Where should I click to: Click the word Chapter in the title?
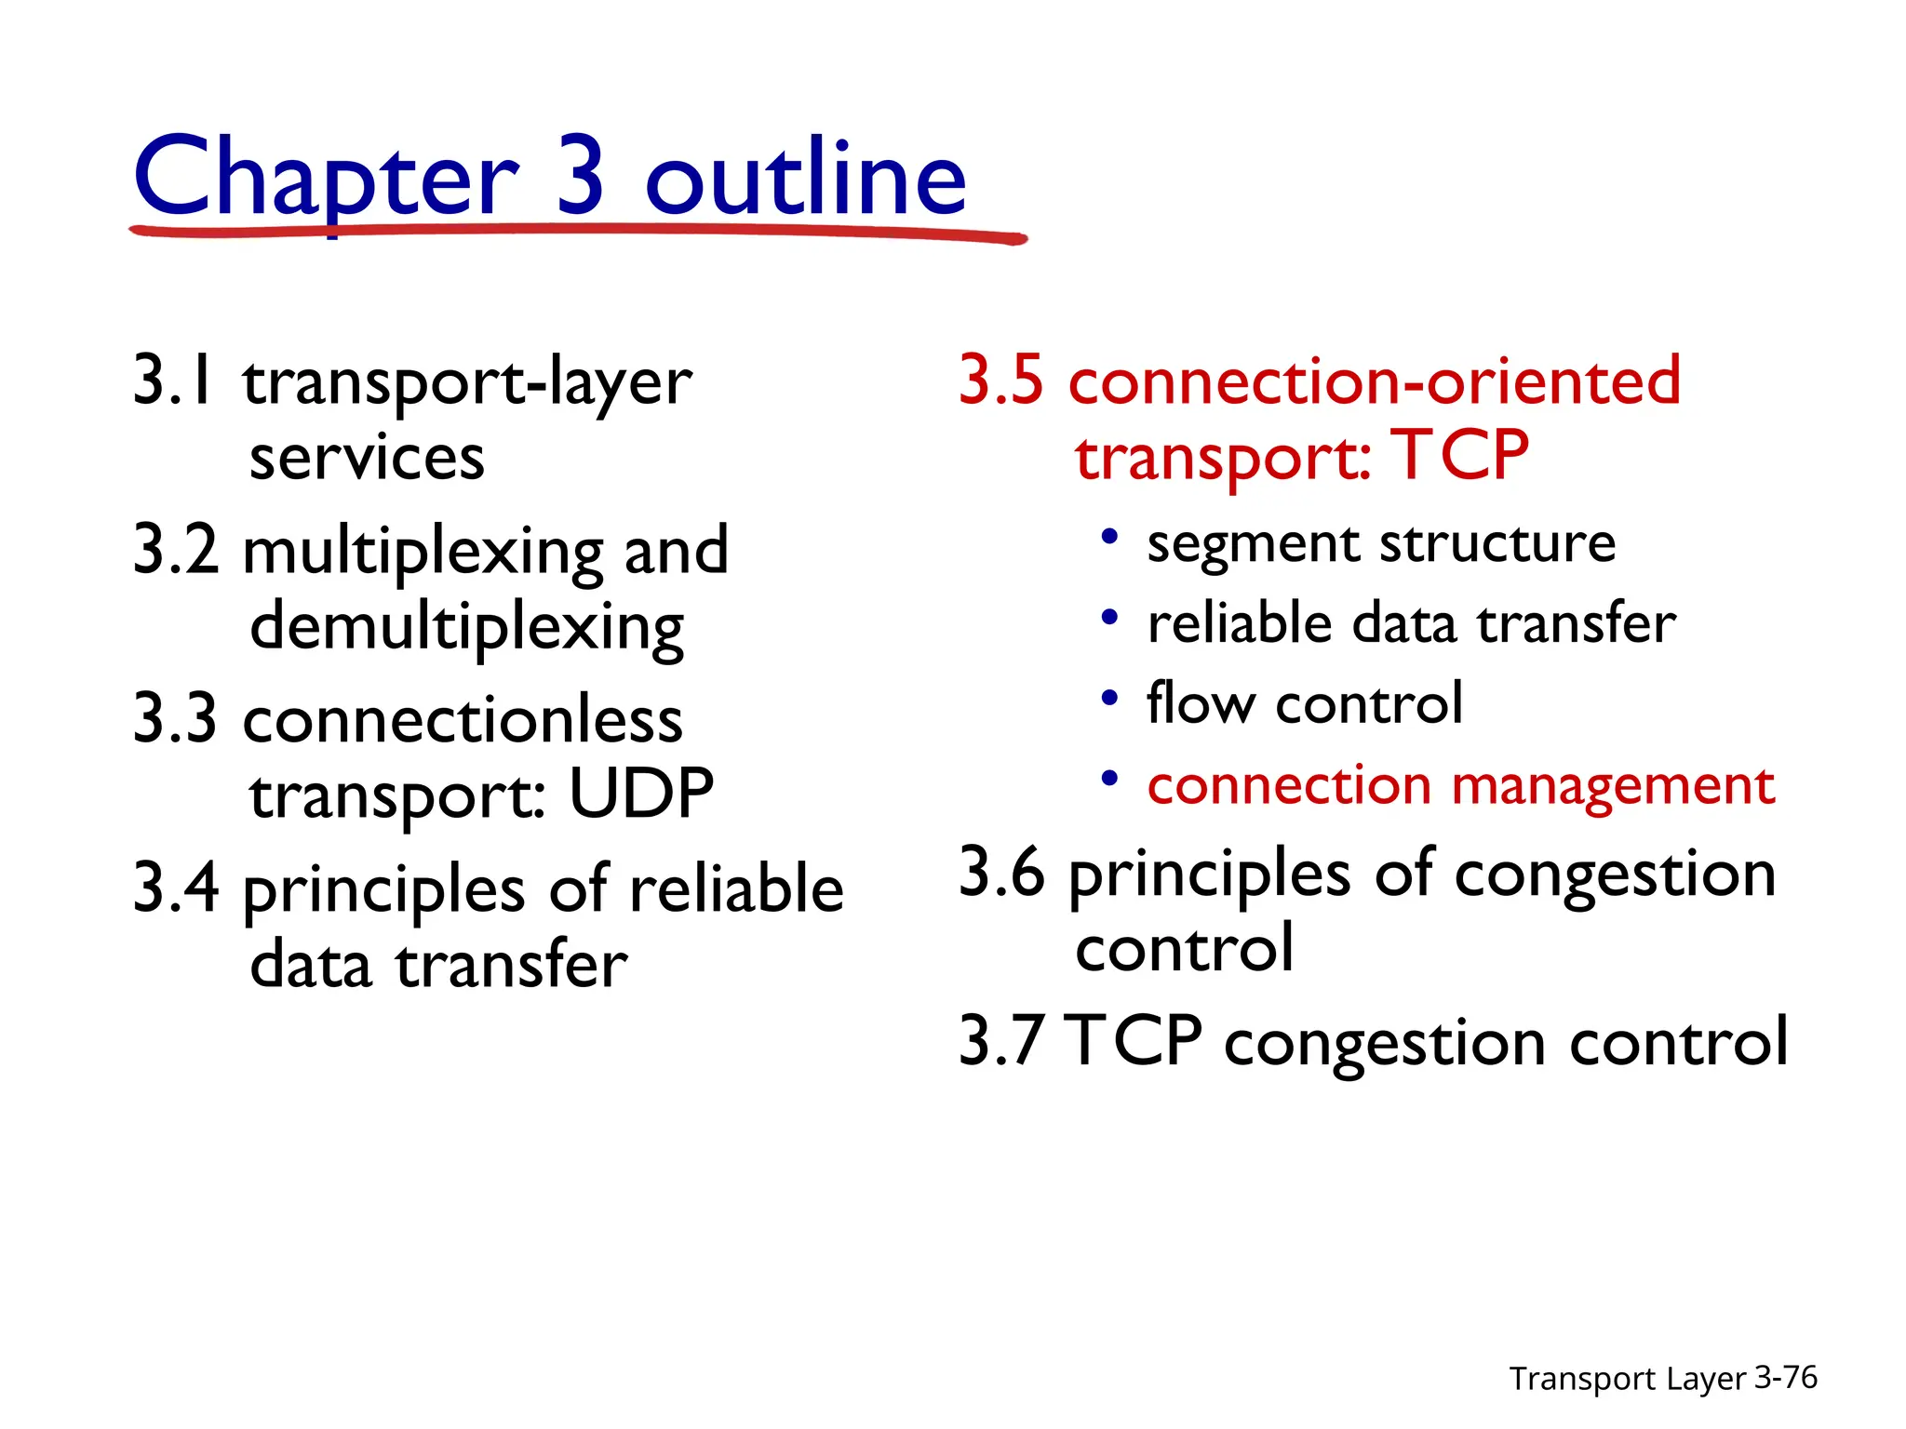click(325, 177)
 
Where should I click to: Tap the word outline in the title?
click(805, 177)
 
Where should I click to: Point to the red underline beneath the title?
click(577, 231)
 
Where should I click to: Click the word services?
click(367, 458)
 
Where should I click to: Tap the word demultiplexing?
click(466, 628)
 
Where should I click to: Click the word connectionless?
click(463, 720)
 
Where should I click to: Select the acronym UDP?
click(640, 795)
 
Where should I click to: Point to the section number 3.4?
click(176, 888)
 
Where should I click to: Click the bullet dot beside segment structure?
click(1108, 537)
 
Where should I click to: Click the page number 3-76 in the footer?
click(1785, 1377)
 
